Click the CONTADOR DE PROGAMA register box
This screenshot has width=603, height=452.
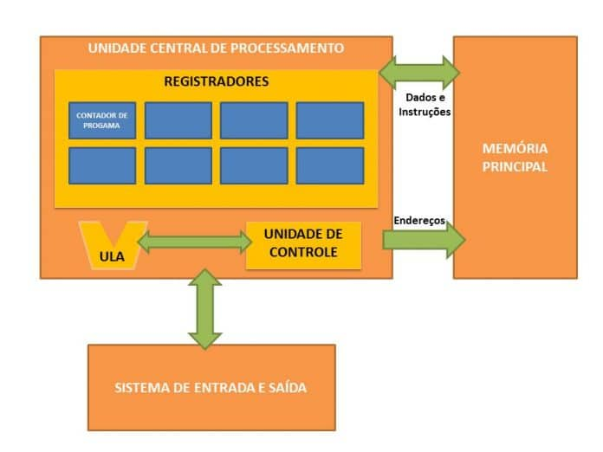pos(102,120)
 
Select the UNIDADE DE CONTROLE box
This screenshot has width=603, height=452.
pos(303,244)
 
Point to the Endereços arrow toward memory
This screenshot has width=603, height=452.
pos(424,241)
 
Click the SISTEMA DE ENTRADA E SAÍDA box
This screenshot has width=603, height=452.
pos(211,387)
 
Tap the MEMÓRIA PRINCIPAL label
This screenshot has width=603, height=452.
pos(515,158)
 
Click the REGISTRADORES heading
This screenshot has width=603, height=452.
pos(216,81)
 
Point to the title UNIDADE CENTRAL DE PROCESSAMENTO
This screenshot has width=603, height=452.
pos(216,48)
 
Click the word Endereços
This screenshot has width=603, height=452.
pos(419,221)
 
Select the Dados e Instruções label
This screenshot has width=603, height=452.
pos(422,105)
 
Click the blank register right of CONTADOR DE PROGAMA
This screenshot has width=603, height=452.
pos(178,120)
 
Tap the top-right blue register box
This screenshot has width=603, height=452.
pos(330,120)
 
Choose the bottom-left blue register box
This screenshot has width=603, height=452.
pos(102,165)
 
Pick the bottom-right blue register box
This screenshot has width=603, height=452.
pos(330,165)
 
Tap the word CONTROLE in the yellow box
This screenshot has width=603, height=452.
pos(303,253)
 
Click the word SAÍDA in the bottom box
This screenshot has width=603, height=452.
pos(285,387)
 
